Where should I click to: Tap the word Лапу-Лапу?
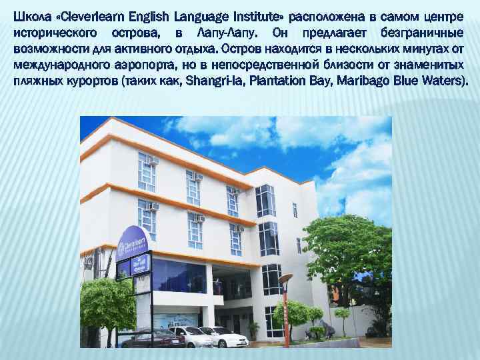coord(226,31)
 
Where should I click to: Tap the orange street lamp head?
coord(285,277)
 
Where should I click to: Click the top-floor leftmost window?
coord(146,170)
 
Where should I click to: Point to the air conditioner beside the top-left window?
coord(154,161)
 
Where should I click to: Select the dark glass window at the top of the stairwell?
coord(265,200)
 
